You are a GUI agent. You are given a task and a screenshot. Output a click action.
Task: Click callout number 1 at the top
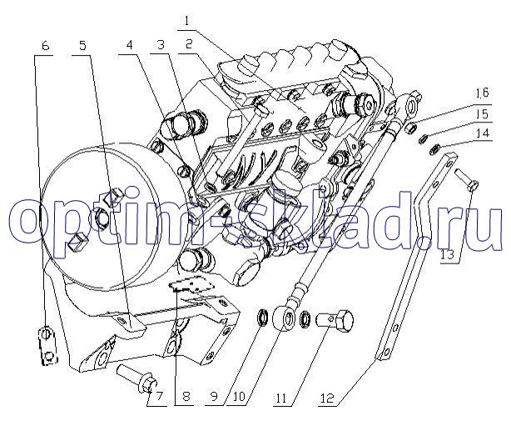pos(186,22)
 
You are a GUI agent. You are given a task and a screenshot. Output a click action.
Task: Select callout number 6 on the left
pos(46,46)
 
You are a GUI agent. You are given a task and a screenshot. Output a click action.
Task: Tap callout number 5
pos(82,46)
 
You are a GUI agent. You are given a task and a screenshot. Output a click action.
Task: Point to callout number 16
pos(483,93)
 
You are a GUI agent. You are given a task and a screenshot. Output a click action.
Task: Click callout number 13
pos(449,254)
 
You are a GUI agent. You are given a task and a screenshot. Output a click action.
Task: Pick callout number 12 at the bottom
pos(328,398)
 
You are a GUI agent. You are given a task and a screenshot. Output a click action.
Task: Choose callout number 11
pos(281,398)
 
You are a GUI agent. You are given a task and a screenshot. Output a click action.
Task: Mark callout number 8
pos(186,397)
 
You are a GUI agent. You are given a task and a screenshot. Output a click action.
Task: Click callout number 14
pos(483,133)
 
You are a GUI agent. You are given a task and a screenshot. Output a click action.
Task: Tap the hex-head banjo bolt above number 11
pos(335,320)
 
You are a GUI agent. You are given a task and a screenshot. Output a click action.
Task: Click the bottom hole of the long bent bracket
pos(386,352)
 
